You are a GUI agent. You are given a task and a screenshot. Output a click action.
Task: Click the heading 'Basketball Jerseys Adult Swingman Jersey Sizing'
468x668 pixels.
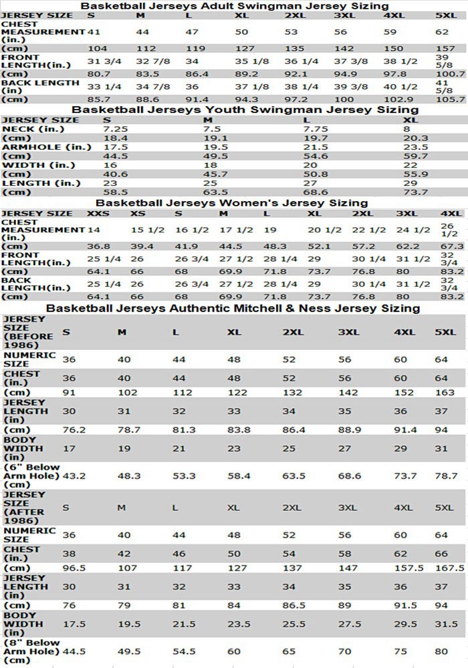[234, 6]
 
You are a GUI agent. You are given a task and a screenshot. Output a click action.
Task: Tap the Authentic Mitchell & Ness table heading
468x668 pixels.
[233, 308]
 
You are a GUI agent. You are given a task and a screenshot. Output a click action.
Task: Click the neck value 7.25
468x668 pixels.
[116, 129]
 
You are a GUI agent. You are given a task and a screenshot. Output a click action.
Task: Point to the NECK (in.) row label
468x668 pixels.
[33, 129]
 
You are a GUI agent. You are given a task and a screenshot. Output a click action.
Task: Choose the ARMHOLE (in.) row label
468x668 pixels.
[42, 147]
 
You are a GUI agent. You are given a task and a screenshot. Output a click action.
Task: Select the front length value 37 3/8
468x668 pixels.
[351, 61]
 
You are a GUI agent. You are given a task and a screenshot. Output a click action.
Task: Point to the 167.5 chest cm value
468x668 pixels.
[448, 568]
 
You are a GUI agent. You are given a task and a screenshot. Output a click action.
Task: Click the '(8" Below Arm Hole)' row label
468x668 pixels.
[31, 651]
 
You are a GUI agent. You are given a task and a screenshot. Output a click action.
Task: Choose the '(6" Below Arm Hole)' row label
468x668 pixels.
[31, 476]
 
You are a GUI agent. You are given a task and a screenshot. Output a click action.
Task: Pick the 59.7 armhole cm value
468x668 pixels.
[416, 156]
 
